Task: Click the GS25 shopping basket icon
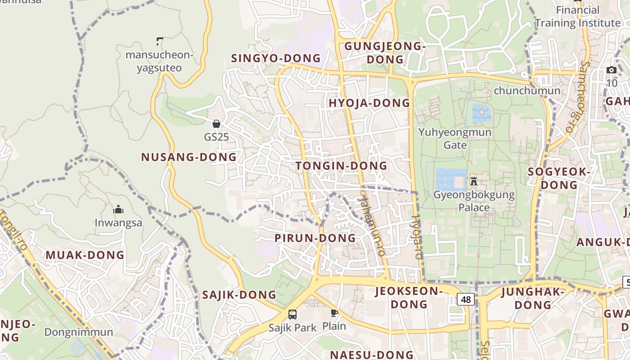pos(216,123)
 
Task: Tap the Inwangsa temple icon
pos(118,209)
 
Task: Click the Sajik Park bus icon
pos(292,314)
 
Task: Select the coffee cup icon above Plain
pos(334,313)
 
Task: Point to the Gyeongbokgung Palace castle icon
pos(473,182)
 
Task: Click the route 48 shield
pos(466,299)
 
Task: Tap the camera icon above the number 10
pos(612,70)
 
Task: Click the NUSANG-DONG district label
pos(189,157)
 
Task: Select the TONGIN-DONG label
pos(341,166)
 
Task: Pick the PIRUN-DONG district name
pos(315,238)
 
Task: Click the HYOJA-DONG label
pos(369,103)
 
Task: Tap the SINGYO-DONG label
pos(275,58)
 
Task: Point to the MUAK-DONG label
pos(85,255)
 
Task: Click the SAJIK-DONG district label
pos(239,295)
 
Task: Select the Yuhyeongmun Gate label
pos(455,139)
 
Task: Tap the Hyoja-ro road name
pos(417,236)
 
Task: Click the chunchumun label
pos(527,91)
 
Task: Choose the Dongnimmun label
pos(79,333)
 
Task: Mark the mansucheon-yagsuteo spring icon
pos(159,41)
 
